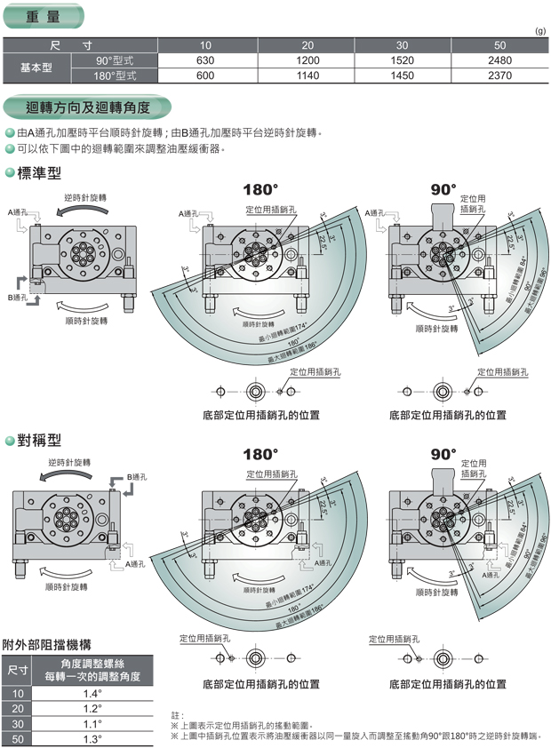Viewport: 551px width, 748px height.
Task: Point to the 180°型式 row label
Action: tap(116, 76)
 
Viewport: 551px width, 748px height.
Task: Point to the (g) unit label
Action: tap(539, 31)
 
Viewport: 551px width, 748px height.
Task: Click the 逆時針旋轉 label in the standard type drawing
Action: tap(84, 197)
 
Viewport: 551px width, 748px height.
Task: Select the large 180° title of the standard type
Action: tap(261, 190)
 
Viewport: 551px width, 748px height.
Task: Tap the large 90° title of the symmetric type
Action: tap(443, 454)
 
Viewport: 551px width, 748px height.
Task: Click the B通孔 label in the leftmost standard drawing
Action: tap(18, 297)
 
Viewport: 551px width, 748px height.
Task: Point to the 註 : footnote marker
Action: tap(177, 714)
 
